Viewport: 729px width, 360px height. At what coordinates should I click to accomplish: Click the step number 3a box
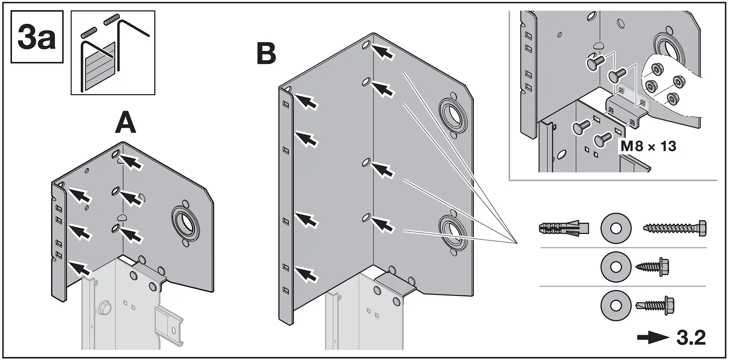point(37,37)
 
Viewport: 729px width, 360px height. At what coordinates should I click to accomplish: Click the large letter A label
point(125,124)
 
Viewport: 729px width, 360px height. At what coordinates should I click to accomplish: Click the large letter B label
point(267,54)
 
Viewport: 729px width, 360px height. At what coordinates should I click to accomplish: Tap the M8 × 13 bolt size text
point(648,146)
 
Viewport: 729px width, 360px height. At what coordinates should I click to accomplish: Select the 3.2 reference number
point(691,338)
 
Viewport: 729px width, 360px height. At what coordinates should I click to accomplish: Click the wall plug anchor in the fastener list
point(564,228)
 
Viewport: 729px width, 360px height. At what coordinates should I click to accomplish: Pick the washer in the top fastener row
point(615,229)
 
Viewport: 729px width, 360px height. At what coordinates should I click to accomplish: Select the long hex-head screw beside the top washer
point(675,229)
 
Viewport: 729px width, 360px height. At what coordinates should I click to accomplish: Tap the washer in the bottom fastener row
point(615,305)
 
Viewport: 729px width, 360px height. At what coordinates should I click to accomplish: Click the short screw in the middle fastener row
point(652,267)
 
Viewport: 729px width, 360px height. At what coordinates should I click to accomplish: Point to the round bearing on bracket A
point(185,221)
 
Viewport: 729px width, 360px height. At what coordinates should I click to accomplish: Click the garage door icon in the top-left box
point(100,66)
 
